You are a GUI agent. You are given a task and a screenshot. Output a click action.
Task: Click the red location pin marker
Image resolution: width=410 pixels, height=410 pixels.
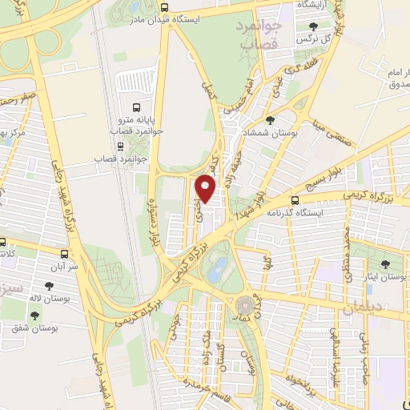[x=207, y=189]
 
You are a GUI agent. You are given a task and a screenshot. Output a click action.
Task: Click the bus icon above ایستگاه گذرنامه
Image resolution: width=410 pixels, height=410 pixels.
[x=295, y=200]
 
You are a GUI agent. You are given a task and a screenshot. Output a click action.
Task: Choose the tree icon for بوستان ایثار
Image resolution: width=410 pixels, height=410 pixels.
[x=386, y=263]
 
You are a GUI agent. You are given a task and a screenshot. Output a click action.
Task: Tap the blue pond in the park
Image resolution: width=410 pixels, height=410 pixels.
[x=216, y=271]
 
